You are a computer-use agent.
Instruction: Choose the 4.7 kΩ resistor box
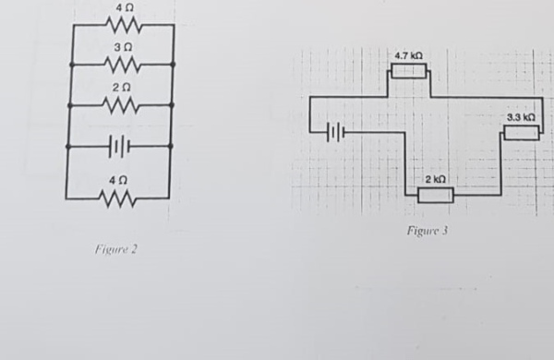click(408, 71)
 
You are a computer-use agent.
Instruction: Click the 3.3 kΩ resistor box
click(521, 133)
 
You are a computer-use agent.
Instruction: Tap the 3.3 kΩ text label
click(521, 117)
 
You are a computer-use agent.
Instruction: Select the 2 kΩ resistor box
click(436, 194)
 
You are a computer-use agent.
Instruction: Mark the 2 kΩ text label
click(436, 177)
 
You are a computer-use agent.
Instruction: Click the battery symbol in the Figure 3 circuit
click(336, 133)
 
